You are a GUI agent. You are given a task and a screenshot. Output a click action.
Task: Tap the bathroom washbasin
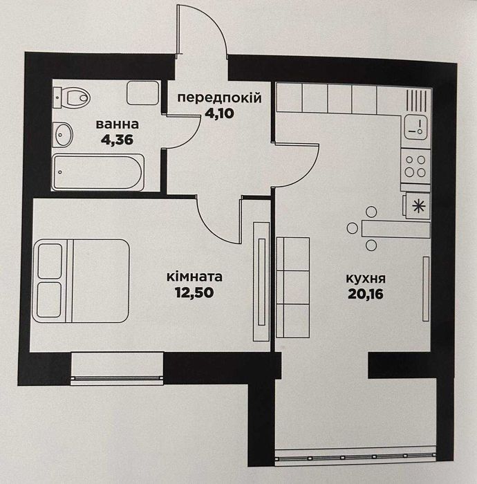pyautogui.click(x=63, y=135)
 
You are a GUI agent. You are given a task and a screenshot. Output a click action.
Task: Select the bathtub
pyautogui.click(x=98, y=172)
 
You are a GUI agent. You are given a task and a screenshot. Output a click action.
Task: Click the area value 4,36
pyautogui.click(x=117, y=140)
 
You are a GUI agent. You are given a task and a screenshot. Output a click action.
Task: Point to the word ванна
pyautogui.click(x=118, y=124)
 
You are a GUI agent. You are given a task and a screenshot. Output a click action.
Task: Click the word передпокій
pyautogui.click(x=219, y=98)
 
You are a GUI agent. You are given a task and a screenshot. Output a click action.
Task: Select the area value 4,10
pyautogui.click(x=219, y=113)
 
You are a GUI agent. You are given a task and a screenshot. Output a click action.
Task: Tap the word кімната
pyautogui.click(x=194, y=277)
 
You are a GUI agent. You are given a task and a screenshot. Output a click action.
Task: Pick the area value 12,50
pyautogui.click(x=194, y=292)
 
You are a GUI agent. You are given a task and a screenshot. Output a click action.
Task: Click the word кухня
pyautogui.click(x=366, y=279)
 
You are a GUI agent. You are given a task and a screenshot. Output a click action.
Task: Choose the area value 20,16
pyautogui.click(x=366, y=294)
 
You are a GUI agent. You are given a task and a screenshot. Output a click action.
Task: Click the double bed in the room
pyautogui.click(x=81, y=281)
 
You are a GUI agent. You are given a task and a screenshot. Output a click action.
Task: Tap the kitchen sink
pyautogui.click(x=416, y=127)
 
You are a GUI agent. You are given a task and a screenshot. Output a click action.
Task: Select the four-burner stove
pyautogui.click(x=415, y=166)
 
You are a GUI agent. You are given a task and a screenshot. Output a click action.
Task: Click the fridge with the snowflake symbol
pyautogui.click(x=417, y=205)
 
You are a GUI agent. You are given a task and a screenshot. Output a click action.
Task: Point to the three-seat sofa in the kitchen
pyautogui.click(x=293, y=287)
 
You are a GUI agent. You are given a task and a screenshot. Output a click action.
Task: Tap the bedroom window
pyautogui.click(x=117, y=369)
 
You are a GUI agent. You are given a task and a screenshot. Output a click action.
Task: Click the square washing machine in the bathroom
pyautogui.click(x=143, y=93)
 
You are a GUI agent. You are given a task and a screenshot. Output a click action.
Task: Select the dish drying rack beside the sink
pyautogui.click(x=418, y=100)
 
